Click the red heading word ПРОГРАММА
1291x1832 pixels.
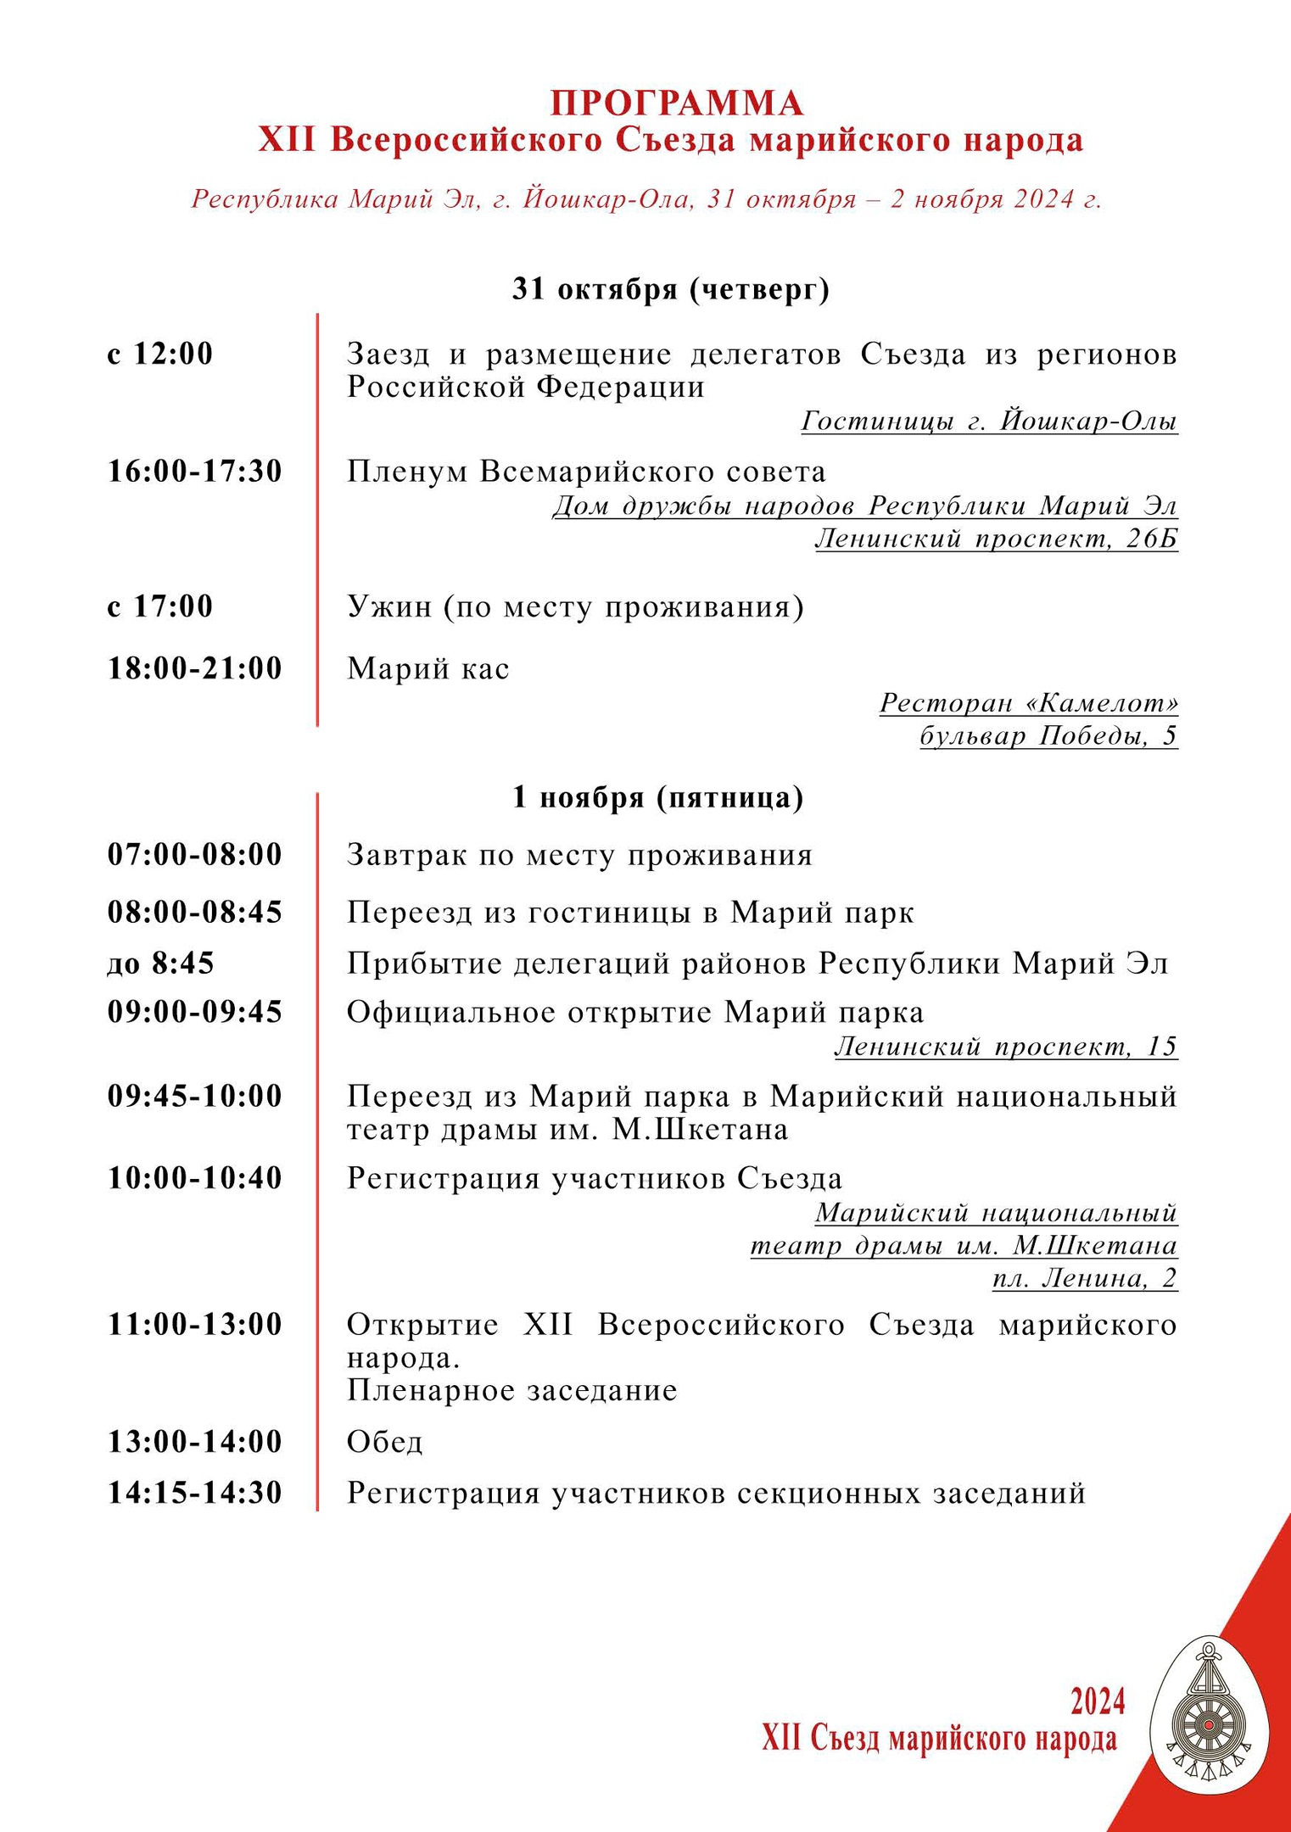676,103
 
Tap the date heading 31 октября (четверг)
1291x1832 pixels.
670,289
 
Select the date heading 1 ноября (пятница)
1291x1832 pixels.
657,797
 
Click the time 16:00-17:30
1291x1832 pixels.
194,472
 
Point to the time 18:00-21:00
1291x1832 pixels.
194,668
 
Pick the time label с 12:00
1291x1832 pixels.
159,354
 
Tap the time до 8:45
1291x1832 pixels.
160,963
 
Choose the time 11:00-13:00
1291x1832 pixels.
194,1324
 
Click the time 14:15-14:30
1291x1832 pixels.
194,1493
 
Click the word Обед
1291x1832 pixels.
384,1442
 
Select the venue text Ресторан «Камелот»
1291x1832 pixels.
1028,702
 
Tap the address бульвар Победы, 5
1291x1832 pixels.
1048,735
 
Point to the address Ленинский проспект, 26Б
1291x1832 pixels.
996,539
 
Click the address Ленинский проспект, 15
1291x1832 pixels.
1006,1047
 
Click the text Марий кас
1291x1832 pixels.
428,668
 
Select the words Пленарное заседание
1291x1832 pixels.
511,1391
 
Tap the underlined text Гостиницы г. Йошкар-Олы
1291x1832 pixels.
989,421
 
